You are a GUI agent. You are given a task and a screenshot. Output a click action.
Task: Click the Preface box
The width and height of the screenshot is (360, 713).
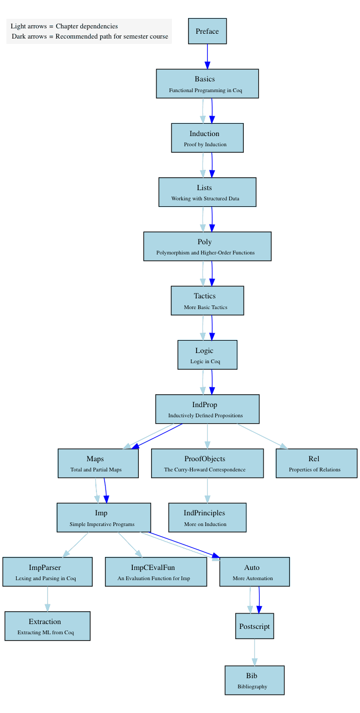click(207, 31)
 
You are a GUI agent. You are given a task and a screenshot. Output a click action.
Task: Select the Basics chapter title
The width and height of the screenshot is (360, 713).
click(205, 79)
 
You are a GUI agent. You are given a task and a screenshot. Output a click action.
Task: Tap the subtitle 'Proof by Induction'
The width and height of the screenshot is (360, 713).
click(205, 145)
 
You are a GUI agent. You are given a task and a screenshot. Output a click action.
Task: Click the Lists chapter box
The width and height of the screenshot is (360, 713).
click(207, 192)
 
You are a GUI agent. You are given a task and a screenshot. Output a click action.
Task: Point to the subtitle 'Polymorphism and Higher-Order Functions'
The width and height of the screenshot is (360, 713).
click(205, 253)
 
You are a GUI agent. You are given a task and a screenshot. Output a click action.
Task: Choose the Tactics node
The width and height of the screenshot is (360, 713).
click(207, 301)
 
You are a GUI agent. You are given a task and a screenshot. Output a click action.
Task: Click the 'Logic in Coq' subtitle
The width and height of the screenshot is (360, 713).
click(205, 361)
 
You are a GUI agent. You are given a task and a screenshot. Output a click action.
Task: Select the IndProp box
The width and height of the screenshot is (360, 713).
click(207, 409)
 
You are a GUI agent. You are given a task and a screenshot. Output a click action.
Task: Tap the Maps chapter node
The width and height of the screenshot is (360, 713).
click(98, 463)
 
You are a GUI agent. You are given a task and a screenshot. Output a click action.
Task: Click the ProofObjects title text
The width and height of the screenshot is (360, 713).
click(205, 459)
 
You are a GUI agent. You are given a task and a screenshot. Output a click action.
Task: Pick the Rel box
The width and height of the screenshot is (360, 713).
click(317, 463)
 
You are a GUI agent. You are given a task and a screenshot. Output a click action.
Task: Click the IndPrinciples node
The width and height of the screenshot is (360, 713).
click(207, 517)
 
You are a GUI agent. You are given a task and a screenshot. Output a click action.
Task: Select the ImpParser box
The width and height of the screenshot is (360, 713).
click(48, 572)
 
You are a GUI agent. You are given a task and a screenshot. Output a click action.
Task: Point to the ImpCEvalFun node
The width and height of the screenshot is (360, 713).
click(156, 572)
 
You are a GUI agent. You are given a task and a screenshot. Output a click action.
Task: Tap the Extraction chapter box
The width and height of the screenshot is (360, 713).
click(48, 626)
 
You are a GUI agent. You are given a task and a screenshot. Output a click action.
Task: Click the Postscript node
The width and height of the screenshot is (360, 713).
click(254, 626)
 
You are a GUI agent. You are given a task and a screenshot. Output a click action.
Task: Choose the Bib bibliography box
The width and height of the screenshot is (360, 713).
click(254, 680)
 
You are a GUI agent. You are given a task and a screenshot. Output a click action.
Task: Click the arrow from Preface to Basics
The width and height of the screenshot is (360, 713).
click(207, 56)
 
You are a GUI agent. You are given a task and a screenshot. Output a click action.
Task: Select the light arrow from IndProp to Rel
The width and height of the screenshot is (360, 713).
click(262, 436)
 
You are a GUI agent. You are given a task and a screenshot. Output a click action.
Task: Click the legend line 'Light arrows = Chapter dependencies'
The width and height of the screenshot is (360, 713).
click(64, 26)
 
